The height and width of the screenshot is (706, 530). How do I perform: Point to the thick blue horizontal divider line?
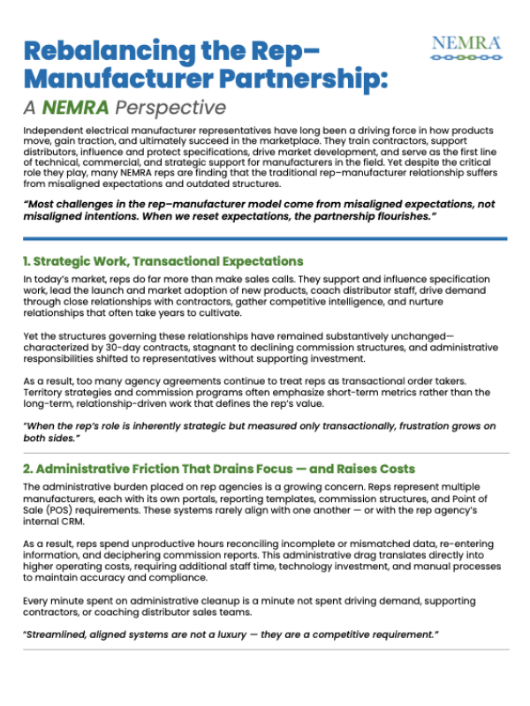pyautogui.click(x=264, y=238)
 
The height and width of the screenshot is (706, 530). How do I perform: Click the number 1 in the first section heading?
pyautogui.click(x=26, y=261)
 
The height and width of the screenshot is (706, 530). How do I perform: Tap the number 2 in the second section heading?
pyautogui.click(x=27, y=467)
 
